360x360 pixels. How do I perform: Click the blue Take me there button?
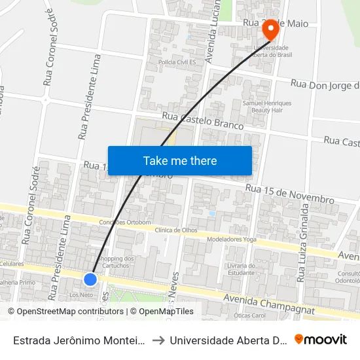tap(180, 160)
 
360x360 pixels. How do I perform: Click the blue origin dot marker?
tap(90, 279)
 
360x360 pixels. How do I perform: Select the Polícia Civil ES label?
tap(178, 62)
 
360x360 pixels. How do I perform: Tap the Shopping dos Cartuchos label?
tap(115, 261)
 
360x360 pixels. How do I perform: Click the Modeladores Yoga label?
tap(230, 240)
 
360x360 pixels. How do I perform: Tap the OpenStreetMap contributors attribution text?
tap(65, 312)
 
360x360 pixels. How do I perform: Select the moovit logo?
tap(321, 340)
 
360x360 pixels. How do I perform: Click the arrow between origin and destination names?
tap(157, 340)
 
